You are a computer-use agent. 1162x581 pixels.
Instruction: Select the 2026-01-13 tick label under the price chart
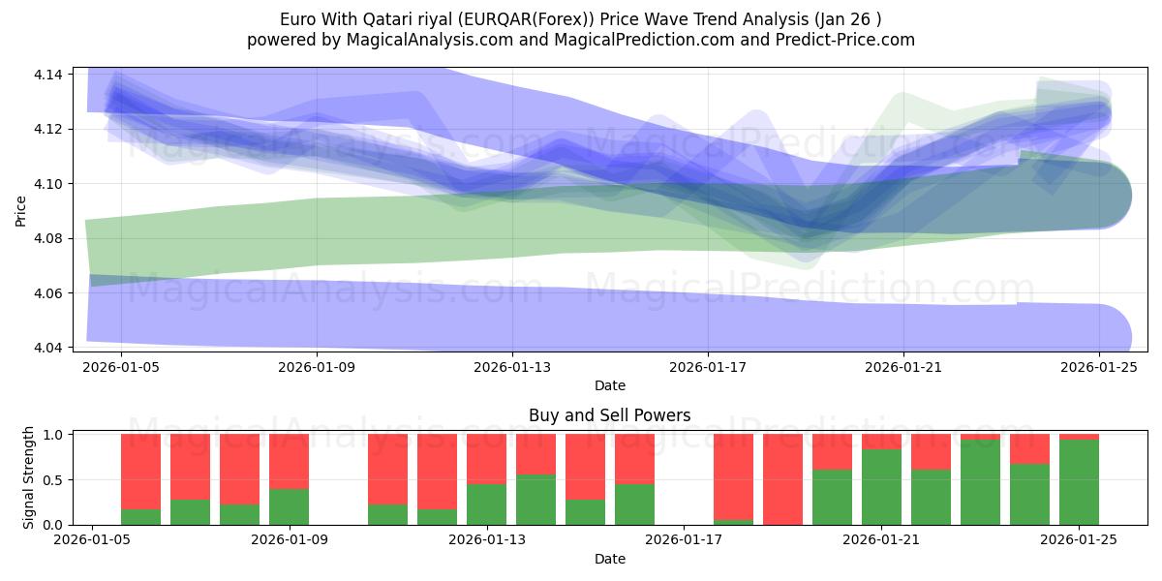[511, 367]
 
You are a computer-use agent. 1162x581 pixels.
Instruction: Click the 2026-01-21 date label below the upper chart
[902, 367]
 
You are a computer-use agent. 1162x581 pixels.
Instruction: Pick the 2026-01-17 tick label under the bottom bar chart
[684, 540]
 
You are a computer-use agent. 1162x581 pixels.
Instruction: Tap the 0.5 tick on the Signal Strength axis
[54, 479]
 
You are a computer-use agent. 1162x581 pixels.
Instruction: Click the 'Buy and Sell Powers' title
[609, 415]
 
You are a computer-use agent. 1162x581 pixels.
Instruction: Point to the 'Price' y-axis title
[21, 210]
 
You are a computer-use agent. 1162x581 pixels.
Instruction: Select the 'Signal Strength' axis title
[29, 477]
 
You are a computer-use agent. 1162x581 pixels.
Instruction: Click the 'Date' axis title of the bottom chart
[609, 559]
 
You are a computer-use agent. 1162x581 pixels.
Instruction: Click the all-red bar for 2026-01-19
[782, 479]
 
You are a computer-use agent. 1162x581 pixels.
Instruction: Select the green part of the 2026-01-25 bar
[1079, 482]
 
